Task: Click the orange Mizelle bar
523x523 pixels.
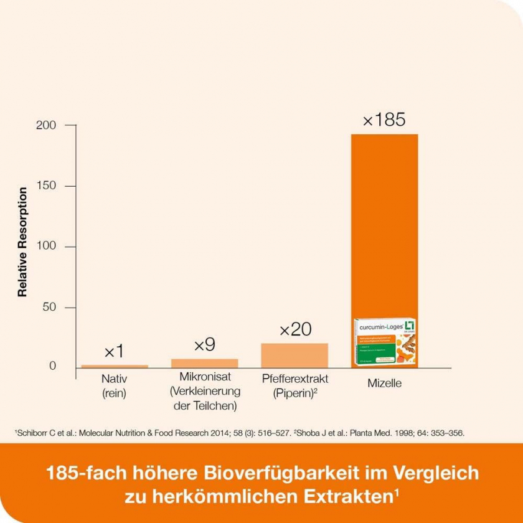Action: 384,224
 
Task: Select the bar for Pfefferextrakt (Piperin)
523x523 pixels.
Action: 294,354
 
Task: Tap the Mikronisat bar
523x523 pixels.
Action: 204,362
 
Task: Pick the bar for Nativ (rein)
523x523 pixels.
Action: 115,366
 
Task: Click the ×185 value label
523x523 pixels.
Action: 384,120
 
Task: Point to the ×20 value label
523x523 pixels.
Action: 295,330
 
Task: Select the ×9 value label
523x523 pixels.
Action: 205,345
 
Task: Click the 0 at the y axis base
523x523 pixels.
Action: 53,366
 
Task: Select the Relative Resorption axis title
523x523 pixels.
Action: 22,242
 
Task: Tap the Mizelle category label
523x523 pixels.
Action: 384,384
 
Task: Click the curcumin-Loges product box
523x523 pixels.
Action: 384,343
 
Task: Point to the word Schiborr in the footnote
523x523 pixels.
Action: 31,432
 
